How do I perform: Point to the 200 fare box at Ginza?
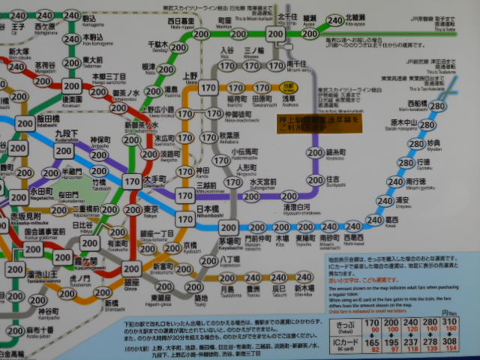coord(132,269)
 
